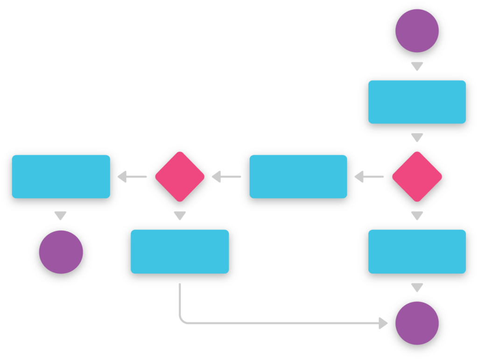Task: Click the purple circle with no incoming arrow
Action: pos(417,31)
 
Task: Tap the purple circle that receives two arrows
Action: pos(417,323)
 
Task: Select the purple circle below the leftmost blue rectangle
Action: pos(61,253)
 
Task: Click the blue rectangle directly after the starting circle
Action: pos(417,102)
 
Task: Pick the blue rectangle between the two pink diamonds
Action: pos(298,176)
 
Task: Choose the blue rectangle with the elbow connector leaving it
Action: pos(180,251)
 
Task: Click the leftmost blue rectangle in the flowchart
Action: pos(61,176)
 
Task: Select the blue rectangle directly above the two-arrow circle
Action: pos(417,251)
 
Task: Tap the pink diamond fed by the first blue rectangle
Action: pos(417,176)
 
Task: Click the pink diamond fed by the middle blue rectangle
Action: pos(180,176)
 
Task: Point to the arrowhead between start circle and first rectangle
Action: pos(417,66)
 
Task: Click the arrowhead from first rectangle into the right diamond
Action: pos(417,138)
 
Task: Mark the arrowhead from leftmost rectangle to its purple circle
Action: pos(61,216)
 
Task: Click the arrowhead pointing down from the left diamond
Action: pos(180,216)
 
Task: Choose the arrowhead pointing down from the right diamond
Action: pos(417,216)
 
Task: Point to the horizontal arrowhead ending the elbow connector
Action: pos(383,323)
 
